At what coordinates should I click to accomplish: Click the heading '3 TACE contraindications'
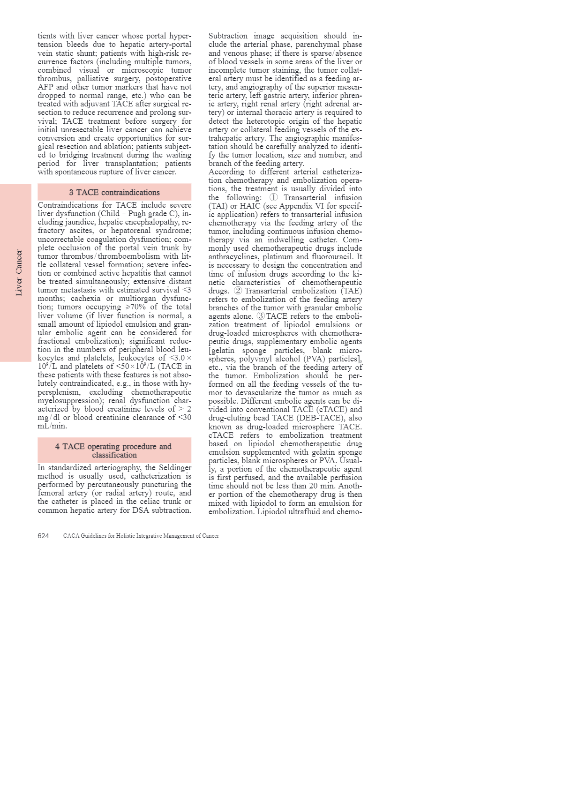(114, 192)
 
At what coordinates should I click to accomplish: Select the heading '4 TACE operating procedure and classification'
(114, 450)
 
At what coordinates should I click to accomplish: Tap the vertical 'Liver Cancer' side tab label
(19, 272)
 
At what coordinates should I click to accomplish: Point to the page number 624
(43, 536)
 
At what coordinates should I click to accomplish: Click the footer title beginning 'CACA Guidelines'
(141, 536)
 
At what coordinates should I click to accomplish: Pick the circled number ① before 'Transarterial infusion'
(273, 197)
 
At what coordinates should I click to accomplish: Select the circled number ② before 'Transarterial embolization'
(238, 291)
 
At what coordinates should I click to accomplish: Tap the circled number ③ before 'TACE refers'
(261, 316)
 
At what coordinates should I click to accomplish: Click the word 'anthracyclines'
(233, 256)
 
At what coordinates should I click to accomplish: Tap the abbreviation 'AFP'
(45, 87)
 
